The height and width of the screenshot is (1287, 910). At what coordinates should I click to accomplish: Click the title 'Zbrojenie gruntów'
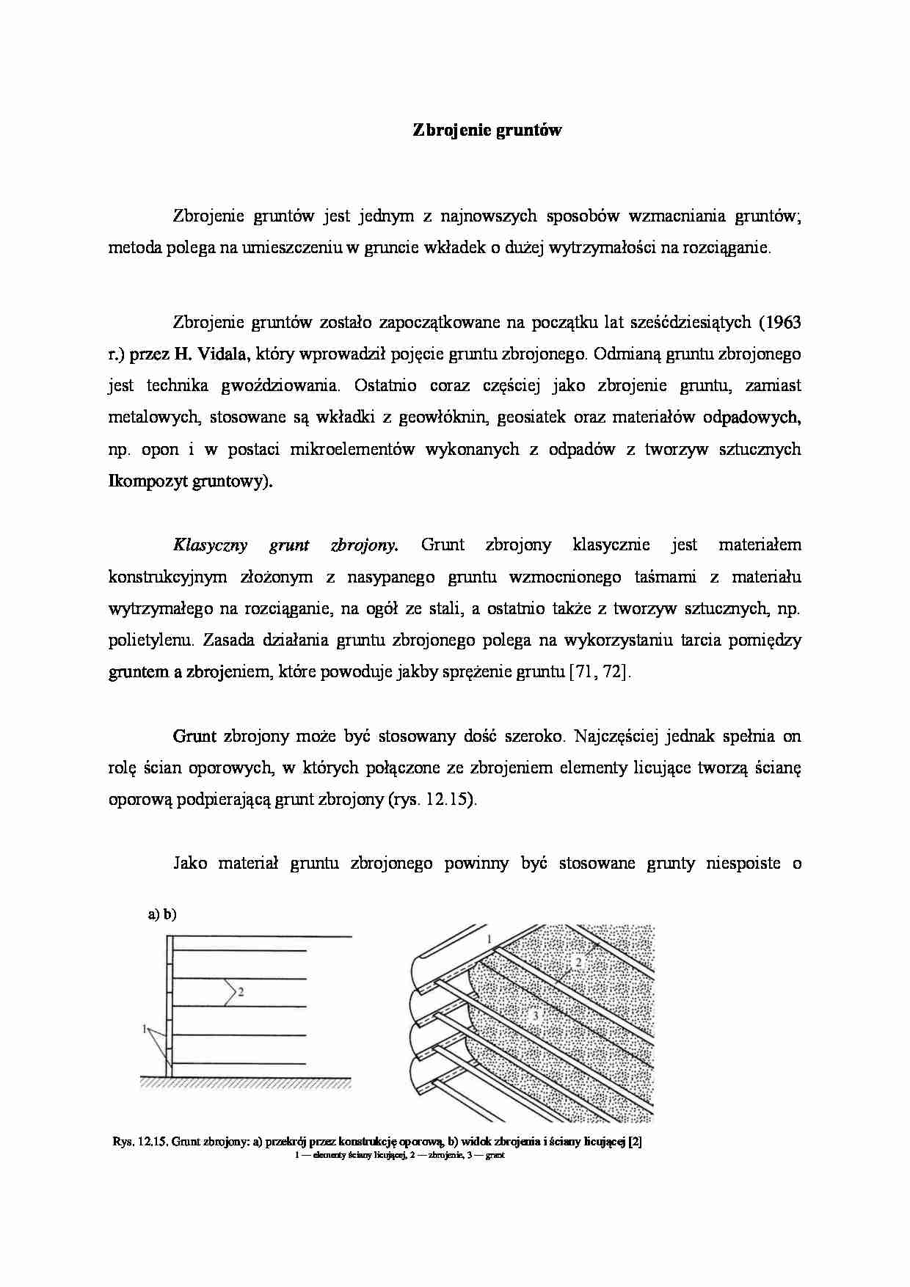[x=487, y=131]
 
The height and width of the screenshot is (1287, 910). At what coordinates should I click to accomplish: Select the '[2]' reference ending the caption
[x=636, y=1142]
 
